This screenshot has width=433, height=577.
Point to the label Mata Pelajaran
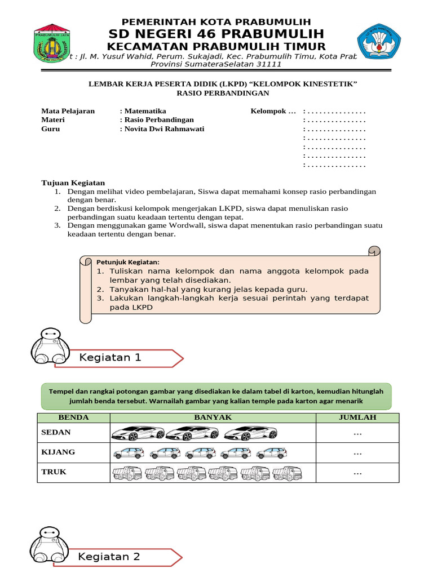point(68,111)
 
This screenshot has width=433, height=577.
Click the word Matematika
point(145,111)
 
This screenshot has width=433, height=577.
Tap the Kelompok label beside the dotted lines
point(273,111)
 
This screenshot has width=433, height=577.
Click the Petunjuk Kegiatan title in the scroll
point(127,262)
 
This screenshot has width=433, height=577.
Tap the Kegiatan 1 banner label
point(111,358)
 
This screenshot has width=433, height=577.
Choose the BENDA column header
point(74,418)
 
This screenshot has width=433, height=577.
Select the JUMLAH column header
point(357,418)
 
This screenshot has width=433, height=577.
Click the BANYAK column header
point(213,418)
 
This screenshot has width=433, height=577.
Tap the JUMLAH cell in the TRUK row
point(357,473)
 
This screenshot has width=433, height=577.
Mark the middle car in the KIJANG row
point(200,453)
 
